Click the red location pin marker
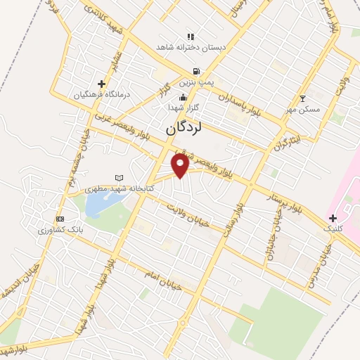click(180, 166)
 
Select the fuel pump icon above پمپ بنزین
click(195, 71)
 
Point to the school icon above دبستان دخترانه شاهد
click(189, 37)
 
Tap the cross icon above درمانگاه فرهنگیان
click(102, 84)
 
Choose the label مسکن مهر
click(304, 110)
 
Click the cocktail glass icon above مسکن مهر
click(303, 99)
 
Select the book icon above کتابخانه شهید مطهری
click(119, 177)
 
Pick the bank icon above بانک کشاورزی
click(60, 219)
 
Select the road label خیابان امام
click(162, 275)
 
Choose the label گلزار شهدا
click(183, 108)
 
